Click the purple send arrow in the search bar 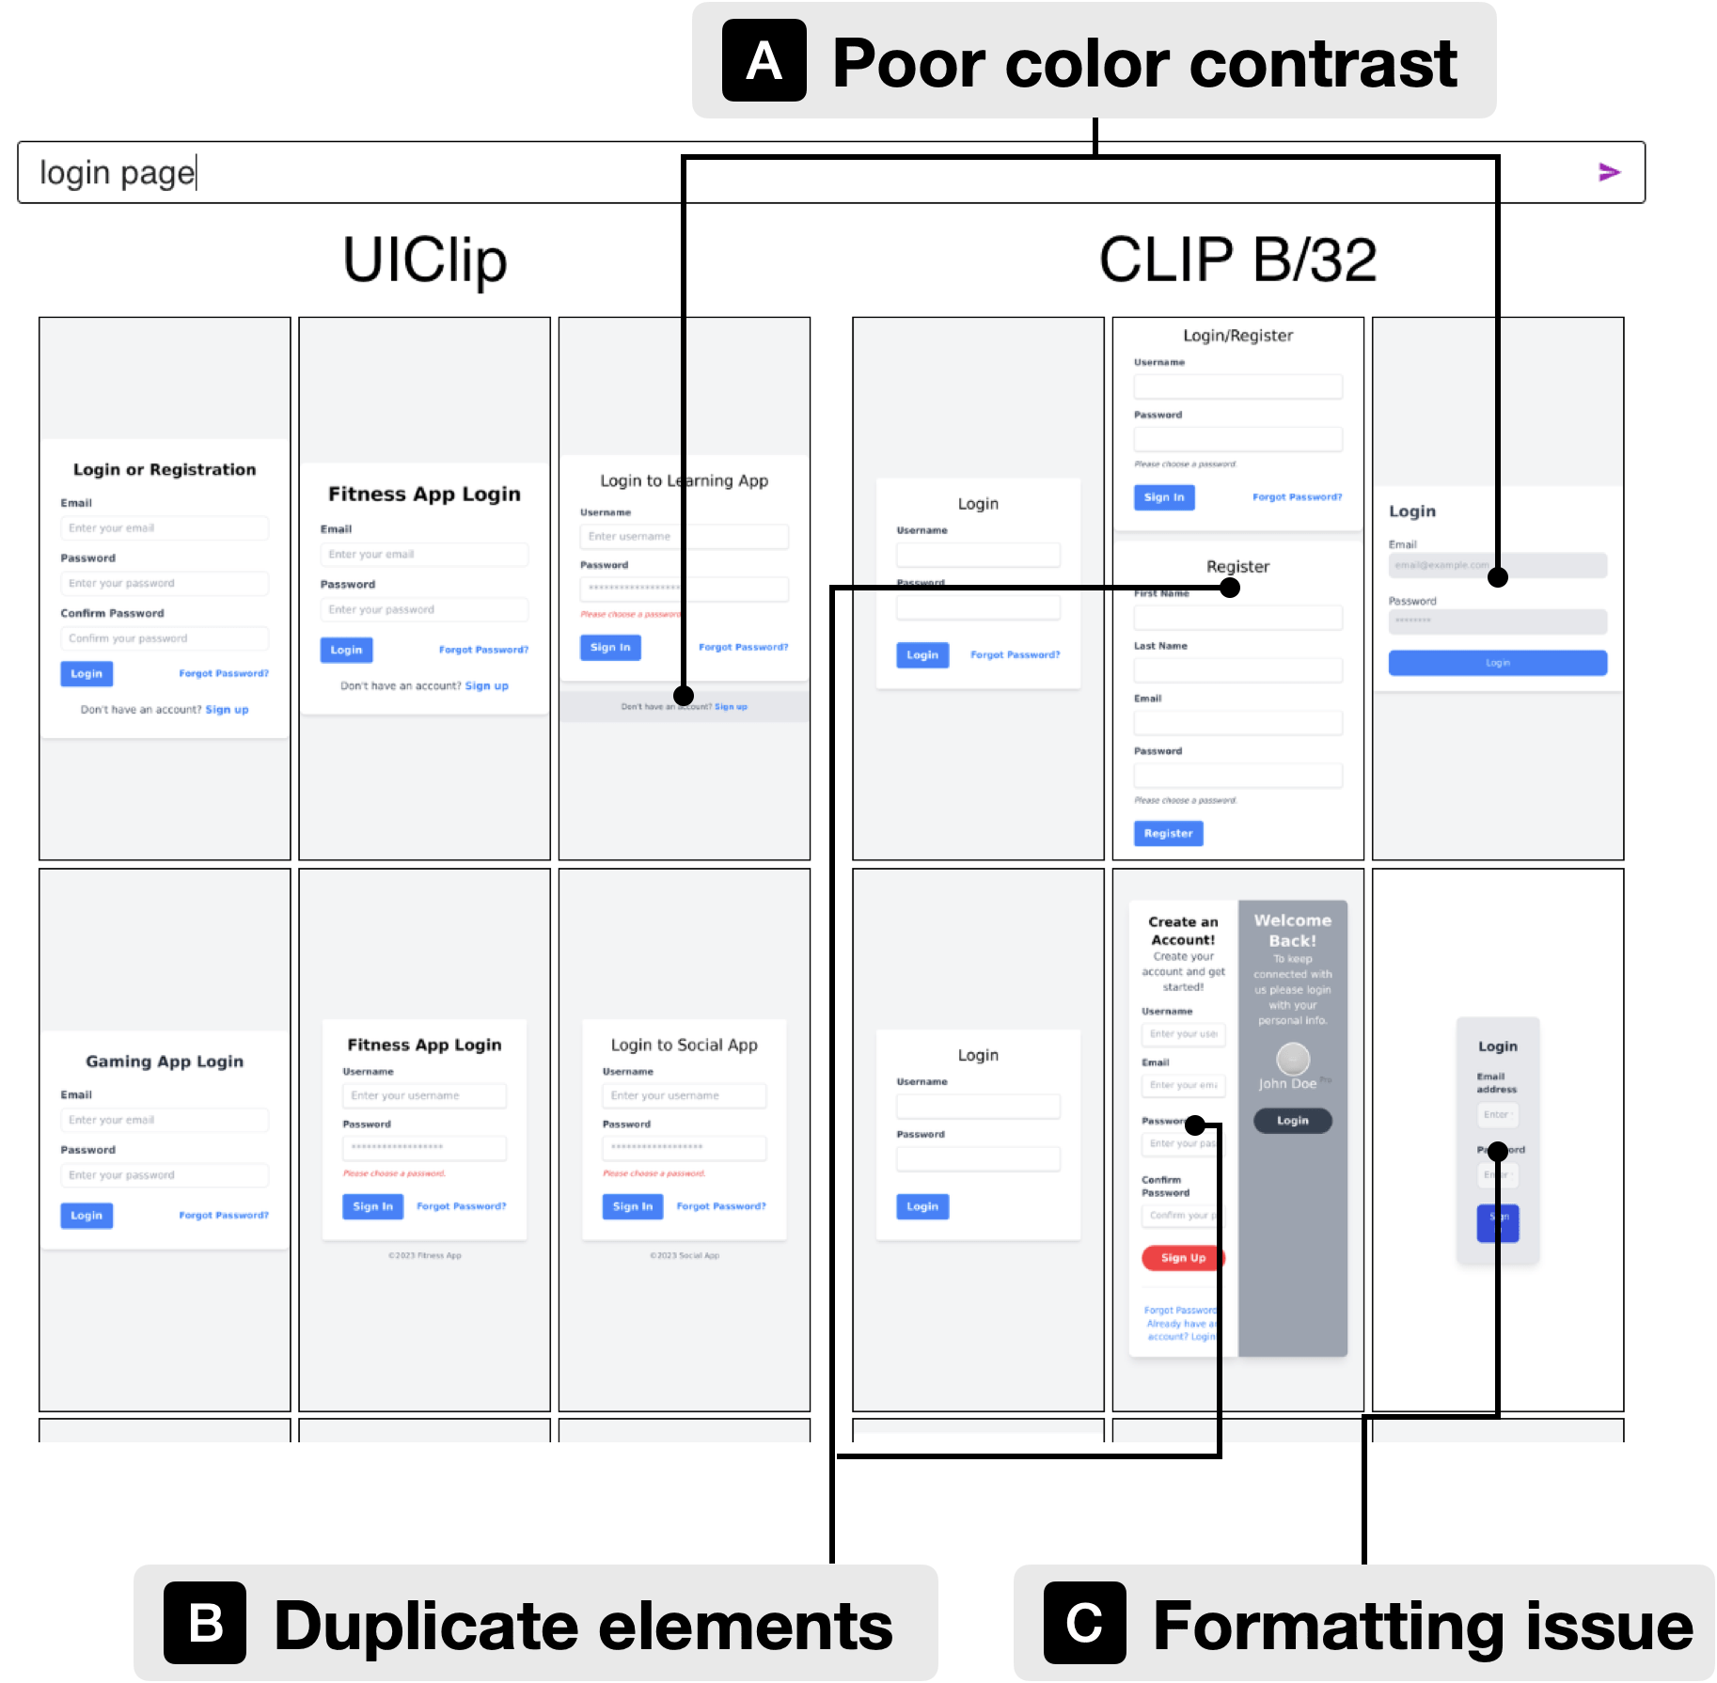(1609, 172)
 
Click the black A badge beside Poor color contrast (764, 61)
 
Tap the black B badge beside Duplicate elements (205, 1623)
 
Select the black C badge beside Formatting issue (1084, 1623)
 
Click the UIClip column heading (425, 260)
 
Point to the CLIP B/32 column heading (1237, 260)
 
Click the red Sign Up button (1182, 1258)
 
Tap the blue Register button (1168, 833)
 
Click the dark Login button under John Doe (1292, 1121)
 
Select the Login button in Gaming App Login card (87, 1216)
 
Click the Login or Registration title (165, 469)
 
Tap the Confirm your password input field (165, 638)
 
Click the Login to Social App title (684, 1045)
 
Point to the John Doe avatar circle (1293, 1059)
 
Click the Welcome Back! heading (1293, 930)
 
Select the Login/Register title (1237, 336)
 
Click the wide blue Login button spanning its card (1497, 663)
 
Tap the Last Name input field (1237, 670)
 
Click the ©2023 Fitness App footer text (425, 1255)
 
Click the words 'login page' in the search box (117, 173)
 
